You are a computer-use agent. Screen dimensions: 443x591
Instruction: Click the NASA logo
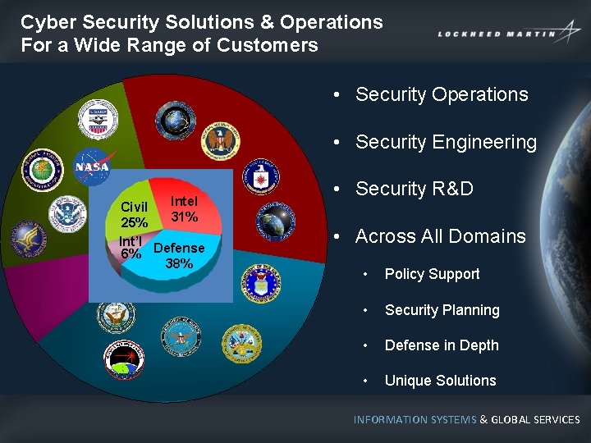(92, 167)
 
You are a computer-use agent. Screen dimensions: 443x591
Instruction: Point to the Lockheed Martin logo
(509, 34)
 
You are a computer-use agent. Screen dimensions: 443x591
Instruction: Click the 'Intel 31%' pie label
(184, 209)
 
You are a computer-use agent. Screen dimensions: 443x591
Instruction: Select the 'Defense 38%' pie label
(179, 255)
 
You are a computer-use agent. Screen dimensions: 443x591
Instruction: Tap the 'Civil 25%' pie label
(135, 214)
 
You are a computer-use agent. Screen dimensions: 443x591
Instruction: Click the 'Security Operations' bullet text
(442, 94)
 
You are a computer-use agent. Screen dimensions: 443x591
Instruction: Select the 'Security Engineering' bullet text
(446, 142)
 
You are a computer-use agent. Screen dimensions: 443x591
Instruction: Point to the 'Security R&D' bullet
(414, 189)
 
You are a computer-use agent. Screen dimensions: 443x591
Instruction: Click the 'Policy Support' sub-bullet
(432, 274)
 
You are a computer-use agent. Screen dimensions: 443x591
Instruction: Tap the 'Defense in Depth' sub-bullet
(442, 345)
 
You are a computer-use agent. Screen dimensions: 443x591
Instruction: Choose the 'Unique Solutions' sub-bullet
(440, 381)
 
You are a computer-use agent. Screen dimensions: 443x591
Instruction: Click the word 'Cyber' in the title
(47, 22)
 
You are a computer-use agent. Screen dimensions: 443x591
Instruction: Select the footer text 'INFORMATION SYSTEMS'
(415, 419)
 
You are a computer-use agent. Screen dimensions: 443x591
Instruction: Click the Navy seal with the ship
(116, 315)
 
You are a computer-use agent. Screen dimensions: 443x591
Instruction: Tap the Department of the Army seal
(241, 344)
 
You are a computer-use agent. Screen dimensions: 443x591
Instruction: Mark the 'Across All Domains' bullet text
(440, 236)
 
